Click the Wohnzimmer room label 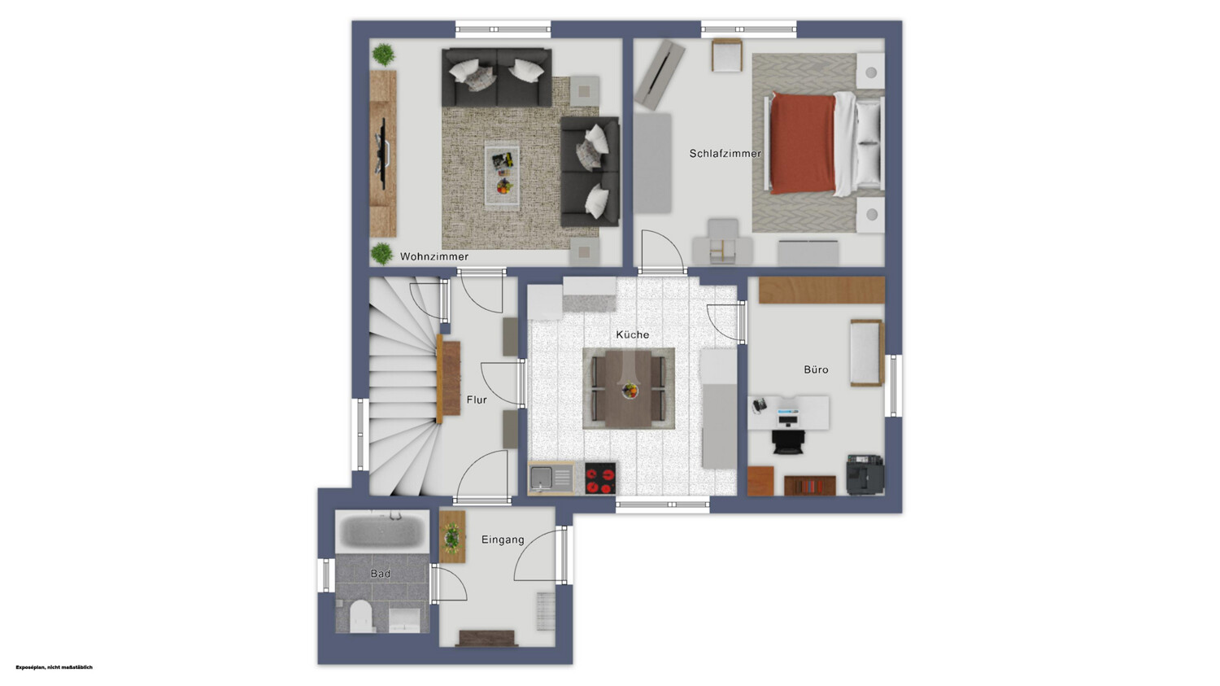pyautogui.click(x=434, y=256)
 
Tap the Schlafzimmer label pyautogui.click(x=725, y=154)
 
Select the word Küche pyautogui.click(x=632, y=334)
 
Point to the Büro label pyautogui.click(x=816, y=369)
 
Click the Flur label pyautogui.click(x=477, y=400)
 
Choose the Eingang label pyautogui.click(x=503, y=540)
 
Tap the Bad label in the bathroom pyautogui.click(x=380, y=573)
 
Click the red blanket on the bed pyautogui.click(x=804, y=143)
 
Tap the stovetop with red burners pyautogui.click(x=600, y=478)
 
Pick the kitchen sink pyautogui.click(x=551, y=478)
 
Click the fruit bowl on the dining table pyautogui.click(x=630, y=391)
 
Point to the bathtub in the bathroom pyautogui.click(x=381, y=531)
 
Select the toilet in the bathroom pyautogui.click(x=360, y=616)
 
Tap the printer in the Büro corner pyautogui.click(x=865, y=474)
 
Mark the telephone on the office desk pyautogui.click(x=759, y=404)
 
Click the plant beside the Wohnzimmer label pyautogui.click(x=381, y=254)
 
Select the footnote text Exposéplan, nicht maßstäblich pyautogui.click(x=54, y=667)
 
